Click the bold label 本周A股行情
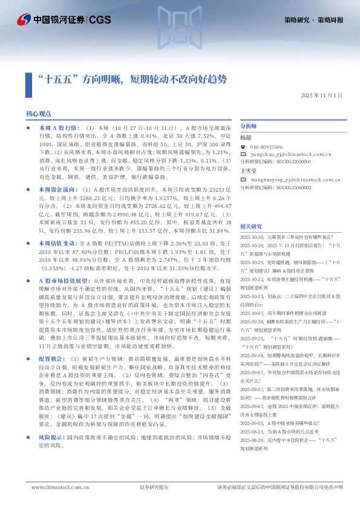click(58, 129)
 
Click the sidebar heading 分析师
click(249, 126)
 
